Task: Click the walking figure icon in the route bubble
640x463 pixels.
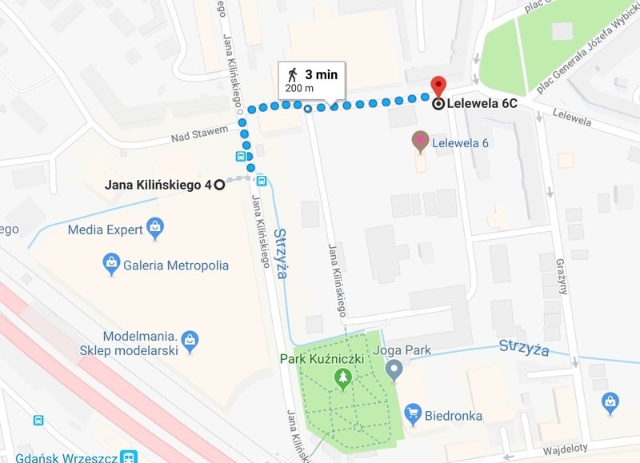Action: pos(292,74)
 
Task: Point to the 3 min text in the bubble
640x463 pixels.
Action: pos(321,74)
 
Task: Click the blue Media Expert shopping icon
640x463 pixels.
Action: pos(155,229)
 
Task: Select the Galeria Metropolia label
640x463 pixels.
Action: pos(176,265)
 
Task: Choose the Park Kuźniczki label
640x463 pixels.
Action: pos(322,358)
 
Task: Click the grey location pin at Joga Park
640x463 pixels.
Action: pos(393,369)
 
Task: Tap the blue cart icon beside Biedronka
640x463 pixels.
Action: pos(413,413)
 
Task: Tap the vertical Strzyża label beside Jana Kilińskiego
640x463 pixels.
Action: pos(280,253)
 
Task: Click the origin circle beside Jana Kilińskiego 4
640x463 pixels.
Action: pos(218,186)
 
